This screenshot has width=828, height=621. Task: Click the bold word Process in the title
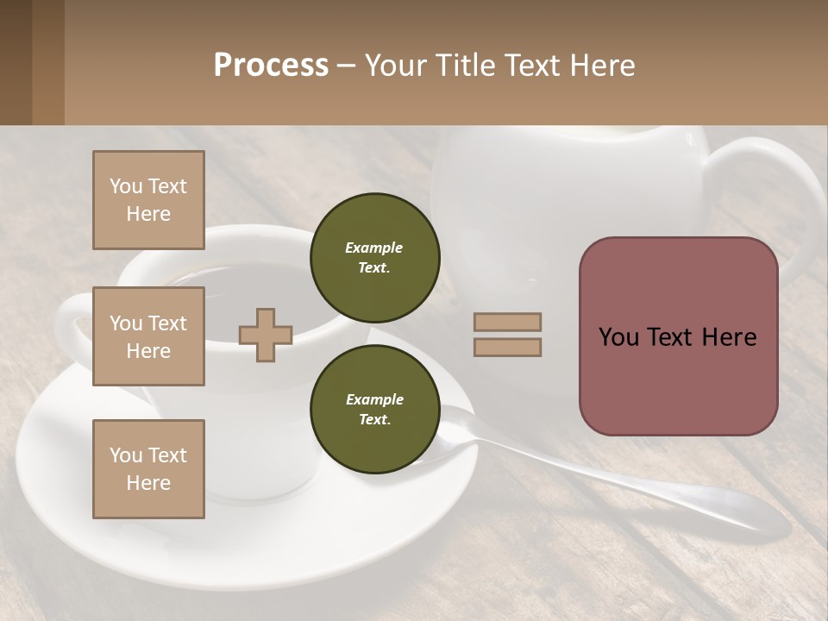pyautogui.click(x=271, y=66)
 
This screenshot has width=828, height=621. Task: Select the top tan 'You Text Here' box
pyautogui.click(x=148, y=200)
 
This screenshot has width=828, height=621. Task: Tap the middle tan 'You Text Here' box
pyautogui.click(x=148, y=336)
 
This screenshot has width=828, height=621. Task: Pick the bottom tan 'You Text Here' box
pyautogui.click(x=148, y=468)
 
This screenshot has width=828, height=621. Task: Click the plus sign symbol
pyautogui.click(x=266, y=335)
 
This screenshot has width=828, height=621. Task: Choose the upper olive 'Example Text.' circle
pyautogui.click(x=374, y=258)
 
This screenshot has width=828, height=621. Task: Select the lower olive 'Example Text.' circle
pyautogui.click(x=374, y=410)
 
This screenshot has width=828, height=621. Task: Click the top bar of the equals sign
pyautogui.click(x=507, y=322)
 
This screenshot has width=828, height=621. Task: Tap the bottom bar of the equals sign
pyautogui.click(x=507, y=347)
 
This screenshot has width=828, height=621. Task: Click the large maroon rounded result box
pyautogui.click(x=678, y=336)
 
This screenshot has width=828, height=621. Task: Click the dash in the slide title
pyautogui.click(x=346, y=66)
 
